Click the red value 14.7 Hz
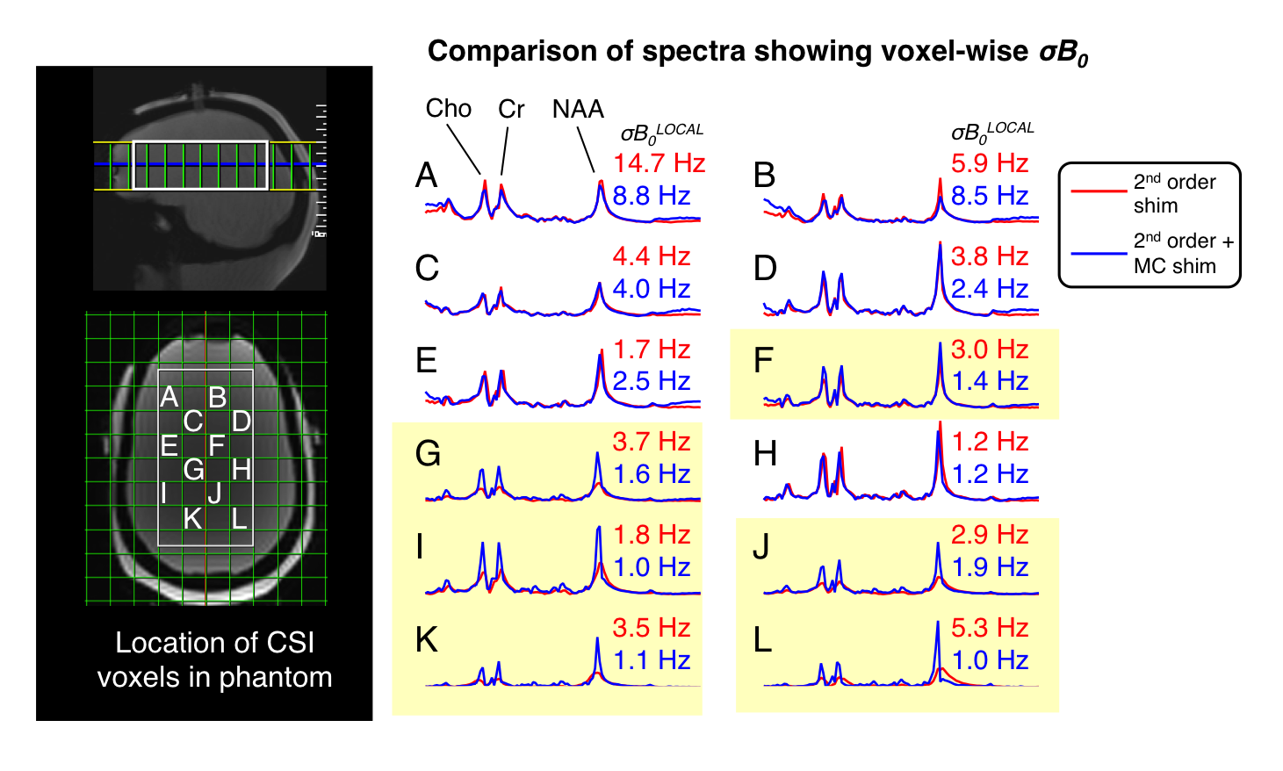(x=659, y=163)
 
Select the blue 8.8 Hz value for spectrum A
(x=652, y=196)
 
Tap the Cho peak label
(x=448, y=108)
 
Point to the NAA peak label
(x=578, y=109)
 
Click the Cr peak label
(x=511, y=109)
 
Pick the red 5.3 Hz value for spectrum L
(x=990, y=628)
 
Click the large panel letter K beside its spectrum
(x=427, y=640)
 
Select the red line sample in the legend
(x=1098, y=190)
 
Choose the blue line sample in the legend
(x=1098, y=253)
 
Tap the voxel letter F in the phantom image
(x=217, y=445)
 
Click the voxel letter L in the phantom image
(x=239, y=518)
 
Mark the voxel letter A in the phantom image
(x=169, y=397)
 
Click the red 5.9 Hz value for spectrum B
(x=990, y=163)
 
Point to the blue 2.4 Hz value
(x=990, y=289)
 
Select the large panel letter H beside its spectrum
(x=765, y=454)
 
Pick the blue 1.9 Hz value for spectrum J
(x=990, y=567)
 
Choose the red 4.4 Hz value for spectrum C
(x=652, y=256)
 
